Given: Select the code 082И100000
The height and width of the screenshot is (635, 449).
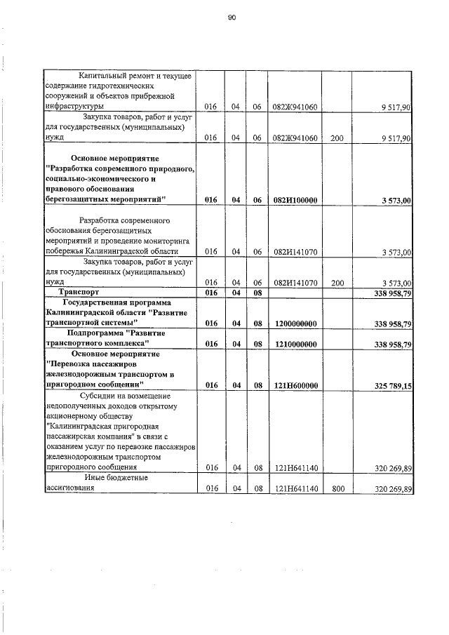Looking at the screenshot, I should point(295,200).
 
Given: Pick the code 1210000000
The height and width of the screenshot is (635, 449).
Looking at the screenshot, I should point(295,345).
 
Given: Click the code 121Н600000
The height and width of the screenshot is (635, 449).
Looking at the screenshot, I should point(295,385).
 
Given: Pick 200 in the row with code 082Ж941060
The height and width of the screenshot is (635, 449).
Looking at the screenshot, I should point(336,139).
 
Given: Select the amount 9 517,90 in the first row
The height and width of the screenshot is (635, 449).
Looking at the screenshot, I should point(396,107).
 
